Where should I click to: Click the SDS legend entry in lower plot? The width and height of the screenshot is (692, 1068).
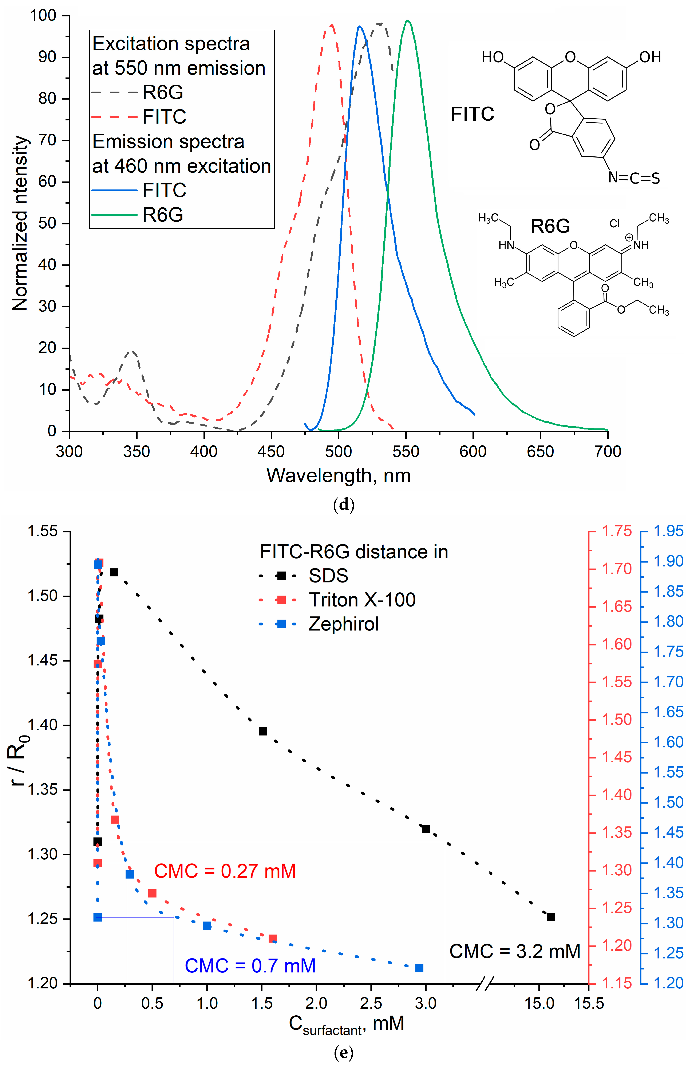328,576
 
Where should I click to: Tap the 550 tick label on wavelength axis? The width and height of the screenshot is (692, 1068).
406,451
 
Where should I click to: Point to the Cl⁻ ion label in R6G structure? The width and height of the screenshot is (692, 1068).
616,223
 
